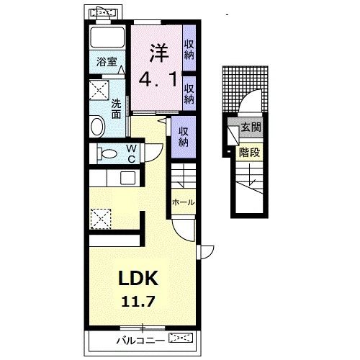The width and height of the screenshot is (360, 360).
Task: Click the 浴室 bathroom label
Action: pyautogui.click(x=107, y=62)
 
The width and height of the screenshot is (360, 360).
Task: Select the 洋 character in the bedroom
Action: pyautogui.click(x=159, y=53)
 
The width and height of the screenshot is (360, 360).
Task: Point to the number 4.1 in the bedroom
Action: pyautogui.click(x=158, y=80)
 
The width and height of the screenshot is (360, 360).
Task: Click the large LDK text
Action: pyautogui.click(x=138, y=278)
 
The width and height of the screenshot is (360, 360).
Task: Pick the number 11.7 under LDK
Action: pyautogui.click(x=138, y=302)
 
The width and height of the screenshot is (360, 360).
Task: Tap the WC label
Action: pyautogui.click(x=131, y=154)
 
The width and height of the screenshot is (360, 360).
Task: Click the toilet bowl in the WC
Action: pyautogui.click(x=107, y=153)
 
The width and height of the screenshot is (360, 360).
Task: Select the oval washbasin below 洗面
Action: pyautogui.click(x=98, y=126)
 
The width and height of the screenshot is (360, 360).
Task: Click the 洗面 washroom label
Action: pyautogui.click(x=116, y=109)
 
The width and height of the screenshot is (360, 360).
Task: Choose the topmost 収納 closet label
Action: pyautogui.click(x=189, y=50)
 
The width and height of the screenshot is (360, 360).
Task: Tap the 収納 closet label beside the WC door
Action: pyautogui.click(x=183, y=137)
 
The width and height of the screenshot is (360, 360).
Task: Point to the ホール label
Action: pyautogui.click(x=183, y=202)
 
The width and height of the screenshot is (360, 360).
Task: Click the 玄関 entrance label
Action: pyautogui.click(x=251, y=127)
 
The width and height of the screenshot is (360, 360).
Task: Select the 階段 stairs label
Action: pyautogui.click(x=250, y=152)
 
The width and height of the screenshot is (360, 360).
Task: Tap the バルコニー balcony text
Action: pyautogui.click(x=140, y=341)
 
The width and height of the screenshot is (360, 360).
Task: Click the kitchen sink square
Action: pyautogui.click(x=127, y=179)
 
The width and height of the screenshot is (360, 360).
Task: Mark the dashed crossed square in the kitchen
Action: pyautogui.click(x=101, y=219)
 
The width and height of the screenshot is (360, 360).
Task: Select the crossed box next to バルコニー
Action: pyautogui.click(x=181, y=338)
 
